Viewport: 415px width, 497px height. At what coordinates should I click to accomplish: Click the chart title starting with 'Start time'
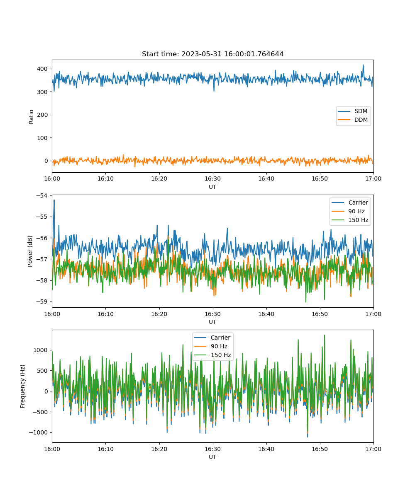click(212, 54)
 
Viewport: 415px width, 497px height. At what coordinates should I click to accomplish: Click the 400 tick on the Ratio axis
click(42, 69)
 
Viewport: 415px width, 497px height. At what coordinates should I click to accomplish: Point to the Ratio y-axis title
click(31, 117)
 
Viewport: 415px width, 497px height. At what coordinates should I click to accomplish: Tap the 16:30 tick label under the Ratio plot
click(212, 179)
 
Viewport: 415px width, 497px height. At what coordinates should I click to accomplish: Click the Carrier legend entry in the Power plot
click(350, 203)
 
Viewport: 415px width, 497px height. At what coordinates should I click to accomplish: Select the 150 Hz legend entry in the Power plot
click(350, 220)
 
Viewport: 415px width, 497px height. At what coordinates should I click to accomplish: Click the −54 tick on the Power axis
click(42, 195)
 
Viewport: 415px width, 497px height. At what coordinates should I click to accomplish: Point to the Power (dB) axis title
click(30, 251)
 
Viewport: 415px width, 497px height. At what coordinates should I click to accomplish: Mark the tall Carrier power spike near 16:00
click(54, 200)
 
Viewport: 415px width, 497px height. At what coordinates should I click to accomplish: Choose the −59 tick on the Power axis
click(42, 302)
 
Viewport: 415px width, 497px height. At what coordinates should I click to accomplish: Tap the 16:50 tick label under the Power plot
click(320, 314)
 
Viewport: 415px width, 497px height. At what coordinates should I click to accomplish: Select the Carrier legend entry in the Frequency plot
click(212, 338)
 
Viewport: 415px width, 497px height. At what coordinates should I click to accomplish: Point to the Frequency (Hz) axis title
click(23, 386)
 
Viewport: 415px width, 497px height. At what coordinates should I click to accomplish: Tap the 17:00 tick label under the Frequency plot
click(373, 449)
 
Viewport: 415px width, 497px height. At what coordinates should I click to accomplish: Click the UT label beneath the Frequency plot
click(212, 457)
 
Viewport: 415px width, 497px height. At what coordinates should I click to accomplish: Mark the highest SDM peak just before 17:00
click(363, 65)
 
